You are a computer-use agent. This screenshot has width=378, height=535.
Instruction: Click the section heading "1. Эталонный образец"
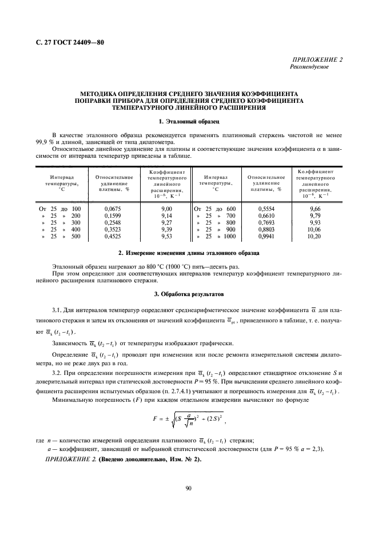[188, 122]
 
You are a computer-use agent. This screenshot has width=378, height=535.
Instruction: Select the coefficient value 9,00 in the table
[166, 209]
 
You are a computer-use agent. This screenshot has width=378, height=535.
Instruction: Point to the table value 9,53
[166, 236]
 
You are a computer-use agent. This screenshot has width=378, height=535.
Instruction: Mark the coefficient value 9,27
[166, 222]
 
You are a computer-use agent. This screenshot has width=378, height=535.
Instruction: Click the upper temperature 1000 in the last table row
[229, 236]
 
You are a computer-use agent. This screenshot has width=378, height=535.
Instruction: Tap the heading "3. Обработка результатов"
[188, 294]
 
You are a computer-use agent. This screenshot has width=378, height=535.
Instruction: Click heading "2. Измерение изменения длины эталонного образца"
[188, 252]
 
